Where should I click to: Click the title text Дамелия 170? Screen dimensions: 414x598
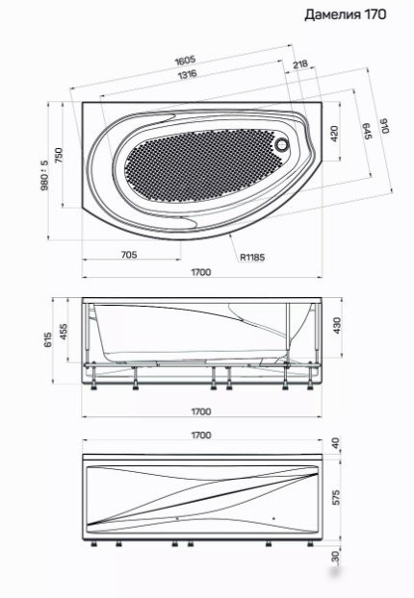(346, 14)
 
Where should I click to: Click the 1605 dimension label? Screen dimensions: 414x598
(185, 61)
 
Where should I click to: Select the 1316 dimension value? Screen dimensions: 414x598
(188, 74)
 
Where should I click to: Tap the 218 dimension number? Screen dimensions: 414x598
(300, 64)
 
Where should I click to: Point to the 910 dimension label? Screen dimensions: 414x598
(384, 126)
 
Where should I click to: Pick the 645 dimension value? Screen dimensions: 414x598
(366, 131)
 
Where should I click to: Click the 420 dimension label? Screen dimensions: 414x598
(334, 134)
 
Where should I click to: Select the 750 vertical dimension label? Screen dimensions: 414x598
(58, 156)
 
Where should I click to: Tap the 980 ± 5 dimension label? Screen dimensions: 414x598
(45, 175)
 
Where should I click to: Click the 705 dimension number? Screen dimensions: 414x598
(129, 255)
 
